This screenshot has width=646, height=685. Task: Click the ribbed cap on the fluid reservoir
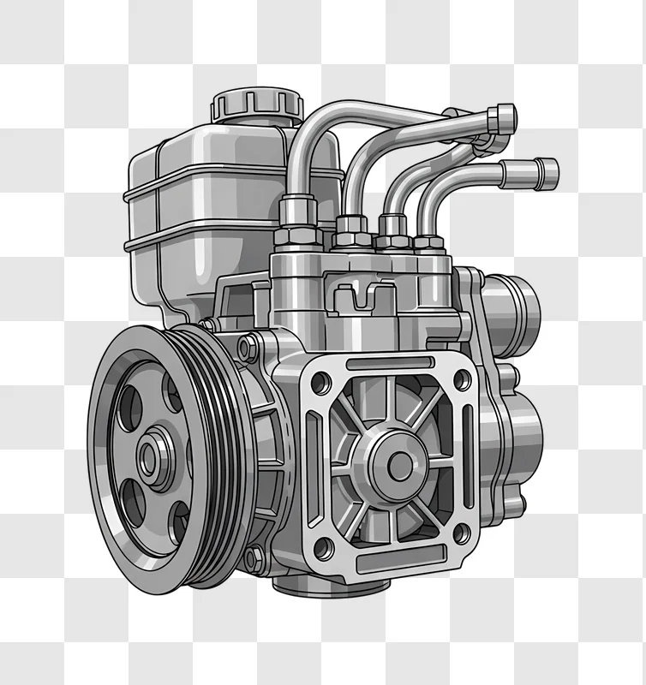pos(257,104)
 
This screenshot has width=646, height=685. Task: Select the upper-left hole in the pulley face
pos(130,406)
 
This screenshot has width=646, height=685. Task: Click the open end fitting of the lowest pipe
pos(545,173)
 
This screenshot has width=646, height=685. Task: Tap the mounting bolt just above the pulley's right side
pos(247,348)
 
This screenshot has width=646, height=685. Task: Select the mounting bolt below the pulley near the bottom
pos(254,561)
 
